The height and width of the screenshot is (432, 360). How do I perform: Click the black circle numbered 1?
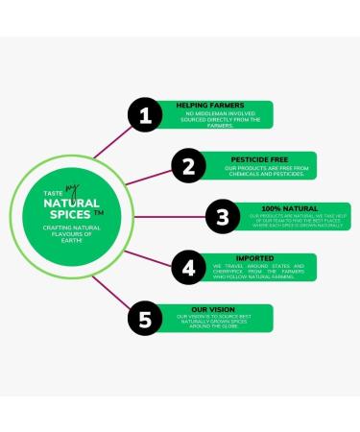point(145,117)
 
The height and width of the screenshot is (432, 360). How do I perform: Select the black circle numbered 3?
point(222,217)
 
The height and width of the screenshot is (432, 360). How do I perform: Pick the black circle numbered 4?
point(189,268)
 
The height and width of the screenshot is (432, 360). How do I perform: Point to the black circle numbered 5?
point(145,320)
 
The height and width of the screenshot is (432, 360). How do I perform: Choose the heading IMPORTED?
point(254,257)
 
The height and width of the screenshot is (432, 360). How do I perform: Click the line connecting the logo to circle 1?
point(106,159)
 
